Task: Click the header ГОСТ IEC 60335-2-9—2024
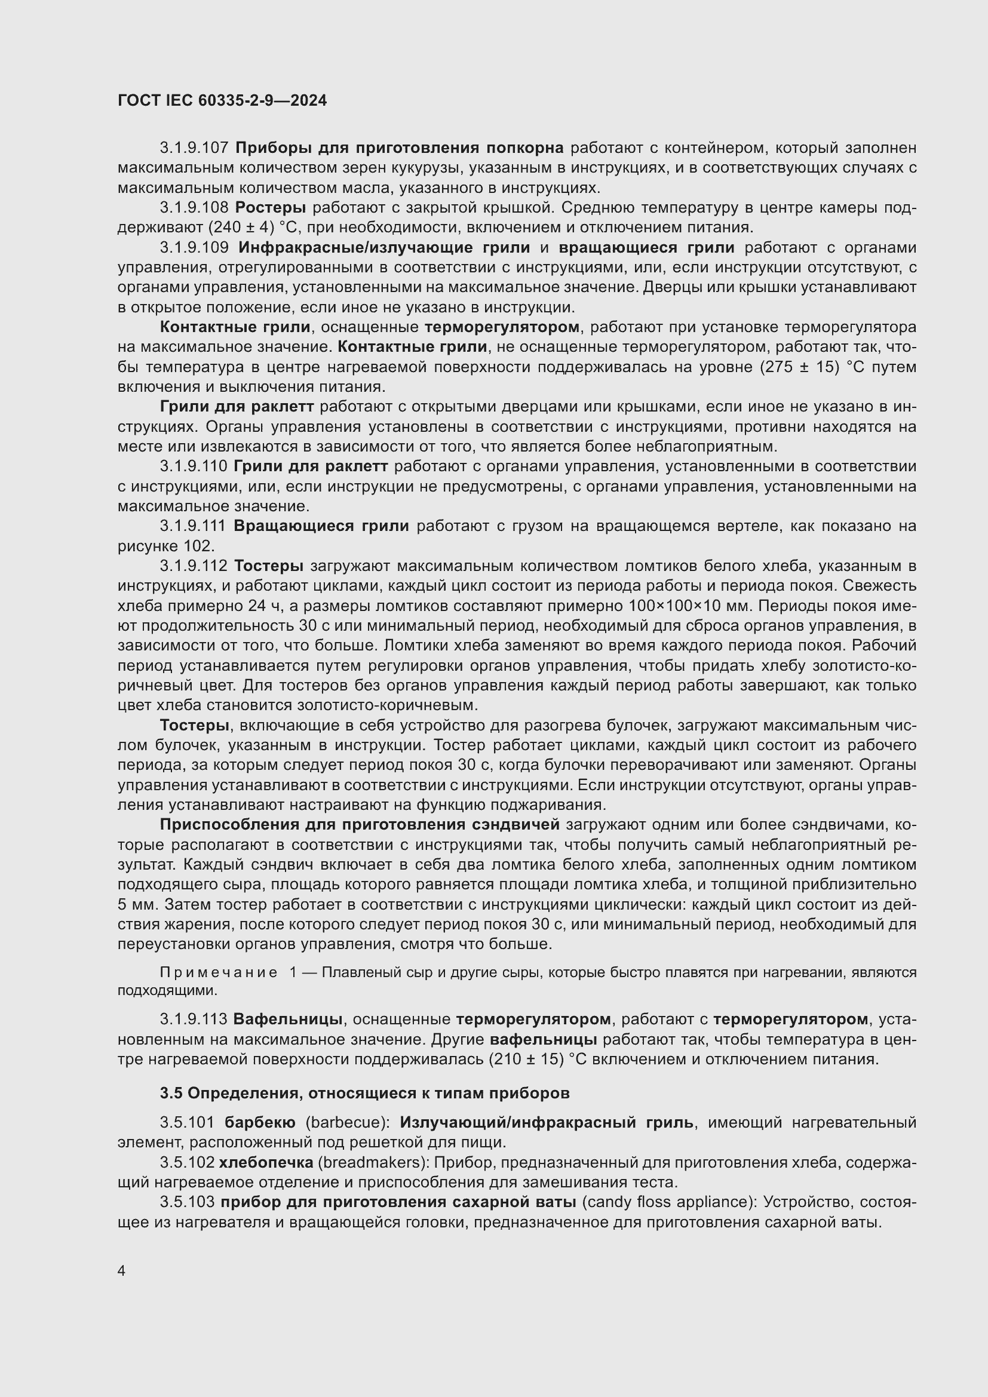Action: pos(222,100)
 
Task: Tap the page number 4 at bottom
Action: pos(122,1271)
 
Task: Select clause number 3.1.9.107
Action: pos(194,148)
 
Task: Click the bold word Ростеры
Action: pos(270,207)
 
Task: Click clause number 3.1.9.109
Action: pos(194,248)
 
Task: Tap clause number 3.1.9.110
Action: pos(194,466)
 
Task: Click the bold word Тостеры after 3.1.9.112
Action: pos(268,566)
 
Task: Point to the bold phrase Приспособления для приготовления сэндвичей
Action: pos(359,824)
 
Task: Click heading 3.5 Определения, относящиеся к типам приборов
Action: pos(364,1094)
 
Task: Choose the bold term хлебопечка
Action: pos(265,1163)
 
